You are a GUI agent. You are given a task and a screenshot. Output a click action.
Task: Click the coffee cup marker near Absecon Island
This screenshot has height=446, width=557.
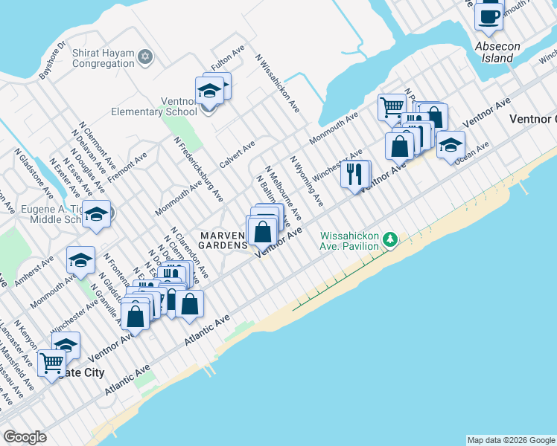488,16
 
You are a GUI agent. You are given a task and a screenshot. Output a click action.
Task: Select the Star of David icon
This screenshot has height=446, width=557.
146,56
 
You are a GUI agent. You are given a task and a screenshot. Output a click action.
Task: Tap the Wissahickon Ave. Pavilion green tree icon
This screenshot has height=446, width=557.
389,239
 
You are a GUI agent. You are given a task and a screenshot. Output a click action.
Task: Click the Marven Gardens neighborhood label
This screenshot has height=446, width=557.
223,240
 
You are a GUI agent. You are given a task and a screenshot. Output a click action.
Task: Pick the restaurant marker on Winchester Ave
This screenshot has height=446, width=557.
355,175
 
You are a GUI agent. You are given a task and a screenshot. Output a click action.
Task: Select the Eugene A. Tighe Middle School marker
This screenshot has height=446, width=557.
96,214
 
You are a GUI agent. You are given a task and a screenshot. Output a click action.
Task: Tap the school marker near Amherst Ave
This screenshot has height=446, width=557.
80,260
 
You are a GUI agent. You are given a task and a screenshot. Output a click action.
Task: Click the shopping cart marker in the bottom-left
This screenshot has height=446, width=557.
51,363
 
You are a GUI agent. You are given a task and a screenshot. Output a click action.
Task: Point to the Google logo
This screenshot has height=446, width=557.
25,437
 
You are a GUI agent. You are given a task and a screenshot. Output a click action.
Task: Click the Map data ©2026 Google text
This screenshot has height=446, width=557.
510,440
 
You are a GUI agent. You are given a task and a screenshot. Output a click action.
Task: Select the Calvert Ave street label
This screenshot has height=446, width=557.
237,153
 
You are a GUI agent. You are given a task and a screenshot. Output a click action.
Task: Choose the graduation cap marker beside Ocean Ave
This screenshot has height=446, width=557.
451,144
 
